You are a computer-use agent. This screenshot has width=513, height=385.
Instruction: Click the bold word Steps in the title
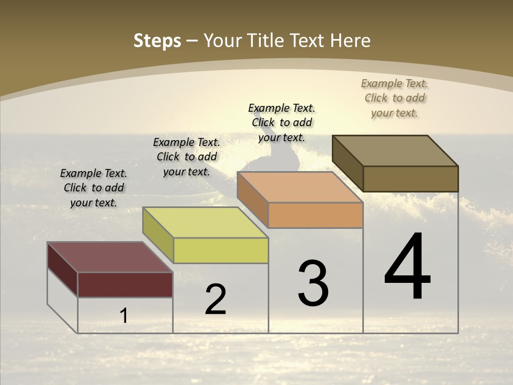coord(157,41)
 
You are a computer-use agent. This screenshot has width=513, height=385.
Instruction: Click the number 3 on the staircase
coord(313,283)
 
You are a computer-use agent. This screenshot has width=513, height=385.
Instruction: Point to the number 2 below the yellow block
coord(215,299)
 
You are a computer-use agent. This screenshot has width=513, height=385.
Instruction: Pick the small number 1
coord(124,316)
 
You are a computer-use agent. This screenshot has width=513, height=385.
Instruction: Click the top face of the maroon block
coord(110,257)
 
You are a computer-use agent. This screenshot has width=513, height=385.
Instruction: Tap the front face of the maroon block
coord(125,284)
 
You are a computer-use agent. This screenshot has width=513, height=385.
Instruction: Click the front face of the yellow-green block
coord(221,250)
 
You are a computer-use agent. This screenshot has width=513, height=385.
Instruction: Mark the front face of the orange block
coord(315,215)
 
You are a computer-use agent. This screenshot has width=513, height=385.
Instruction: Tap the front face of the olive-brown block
coord(410,179)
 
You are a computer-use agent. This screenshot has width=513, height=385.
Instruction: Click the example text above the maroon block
coord(94,188)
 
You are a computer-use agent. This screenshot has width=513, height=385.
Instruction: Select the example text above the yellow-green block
coord(186,157)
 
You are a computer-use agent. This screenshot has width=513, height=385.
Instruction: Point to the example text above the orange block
coord(282,122)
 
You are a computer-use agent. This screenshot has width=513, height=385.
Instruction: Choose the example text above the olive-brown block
coord(394,98)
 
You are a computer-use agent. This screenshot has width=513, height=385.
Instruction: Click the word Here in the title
coord(352,41)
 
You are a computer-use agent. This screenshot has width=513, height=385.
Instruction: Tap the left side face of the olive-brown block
coord(348,163)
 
